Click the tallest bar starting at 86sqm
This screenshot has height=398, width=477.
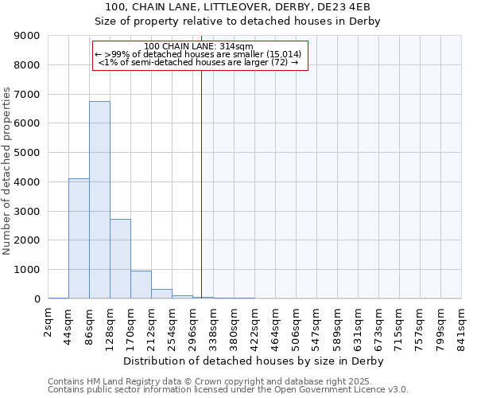tap(99, 199)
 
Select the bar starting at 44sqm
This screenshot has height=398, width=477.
tap(79, 239)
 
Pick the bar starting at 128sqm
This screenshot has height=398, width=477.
tap(120, 259)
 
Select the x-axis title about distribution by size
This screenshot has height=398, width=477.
tap(254, 361)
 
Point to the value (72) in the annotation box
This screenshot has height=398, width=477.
tap(280, 62)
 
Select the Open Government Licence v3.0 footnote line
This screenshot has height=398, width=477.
tap(228, 390)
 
